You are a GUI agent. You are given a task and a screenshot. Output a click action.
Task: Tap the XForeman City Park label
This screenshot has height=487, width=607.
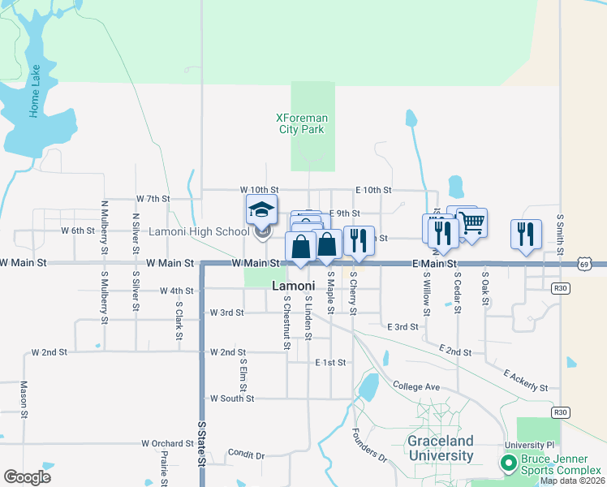[302, 123]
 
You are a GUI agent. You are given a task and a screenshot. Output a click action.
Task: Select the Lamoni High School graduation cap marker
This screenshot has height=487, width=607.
[261, 210]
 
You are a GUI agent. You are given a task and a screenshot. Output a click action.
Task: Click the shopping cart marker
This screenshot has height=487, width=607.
[471, 222]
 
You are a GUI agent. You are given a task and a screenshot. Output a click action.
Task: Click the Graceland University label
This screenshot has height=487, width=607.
[441, 449]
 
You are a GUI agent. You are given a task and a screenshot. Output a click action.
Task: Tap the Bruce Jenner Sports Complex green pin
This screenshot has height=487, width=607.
[508, 463]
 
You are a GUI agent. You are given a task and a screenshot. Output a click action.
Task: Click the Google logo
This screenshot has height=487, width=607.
[27, 477]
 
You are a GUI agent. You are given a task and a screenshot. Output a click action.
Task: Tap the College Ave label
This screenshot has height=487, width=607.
[415, 386]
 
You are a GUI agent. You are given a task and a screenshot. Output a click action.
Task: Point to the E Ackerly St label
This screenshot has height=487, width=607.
[526, 381]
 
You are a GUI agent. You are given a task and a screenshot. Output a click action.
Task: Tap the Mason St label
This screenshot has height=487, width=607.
[24, 399]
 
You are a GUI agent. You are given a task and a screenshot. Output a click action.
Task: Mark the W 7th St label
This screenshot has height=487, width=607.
[153, 198]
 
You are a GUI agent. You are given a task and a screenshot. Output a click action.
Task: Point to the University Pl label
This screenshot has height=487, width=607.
[528, 445]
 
